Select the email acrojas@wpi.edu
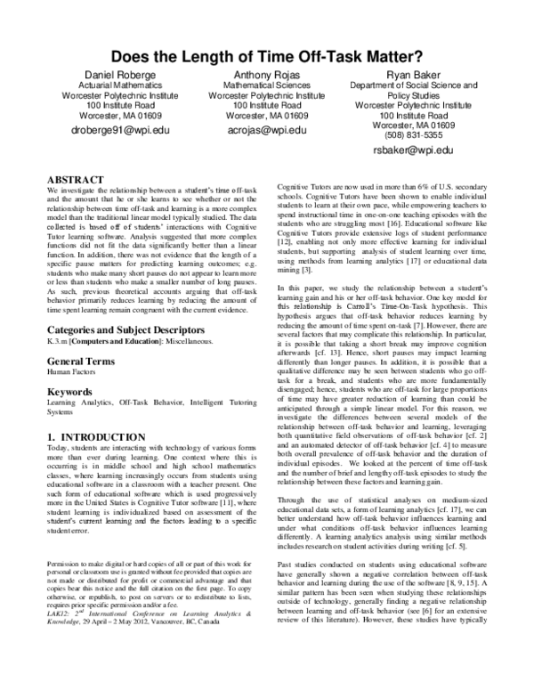pyautogui.click(x=267, y=130)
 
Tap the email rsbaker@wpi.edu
pyautogui.click(x=420, y=152)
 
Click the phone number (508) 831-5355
pyautogui.click(x=420, y=135)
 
